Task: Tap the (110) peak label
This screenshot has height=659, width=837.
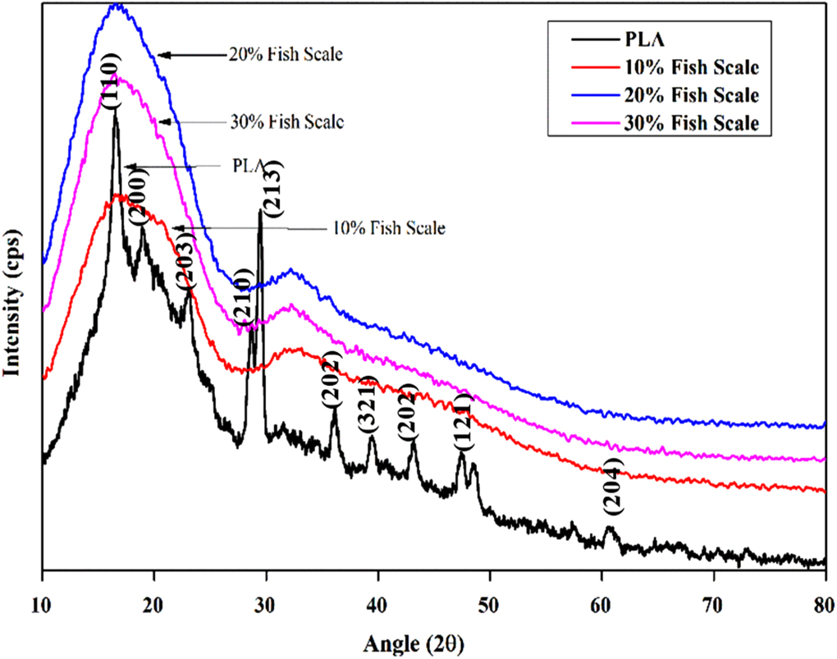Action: pyautogui.click(x=112, y=80)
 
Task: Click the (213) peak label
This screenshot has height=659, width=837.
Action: pyautogui.click(x=273, y=189)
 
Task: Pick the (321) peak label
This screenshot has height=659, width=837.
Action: pyautogui.click(x=367, y=405)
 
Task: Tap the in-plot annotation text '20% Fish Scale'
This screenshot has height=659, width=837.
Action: pyautogui.click(x=286, y=56)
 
